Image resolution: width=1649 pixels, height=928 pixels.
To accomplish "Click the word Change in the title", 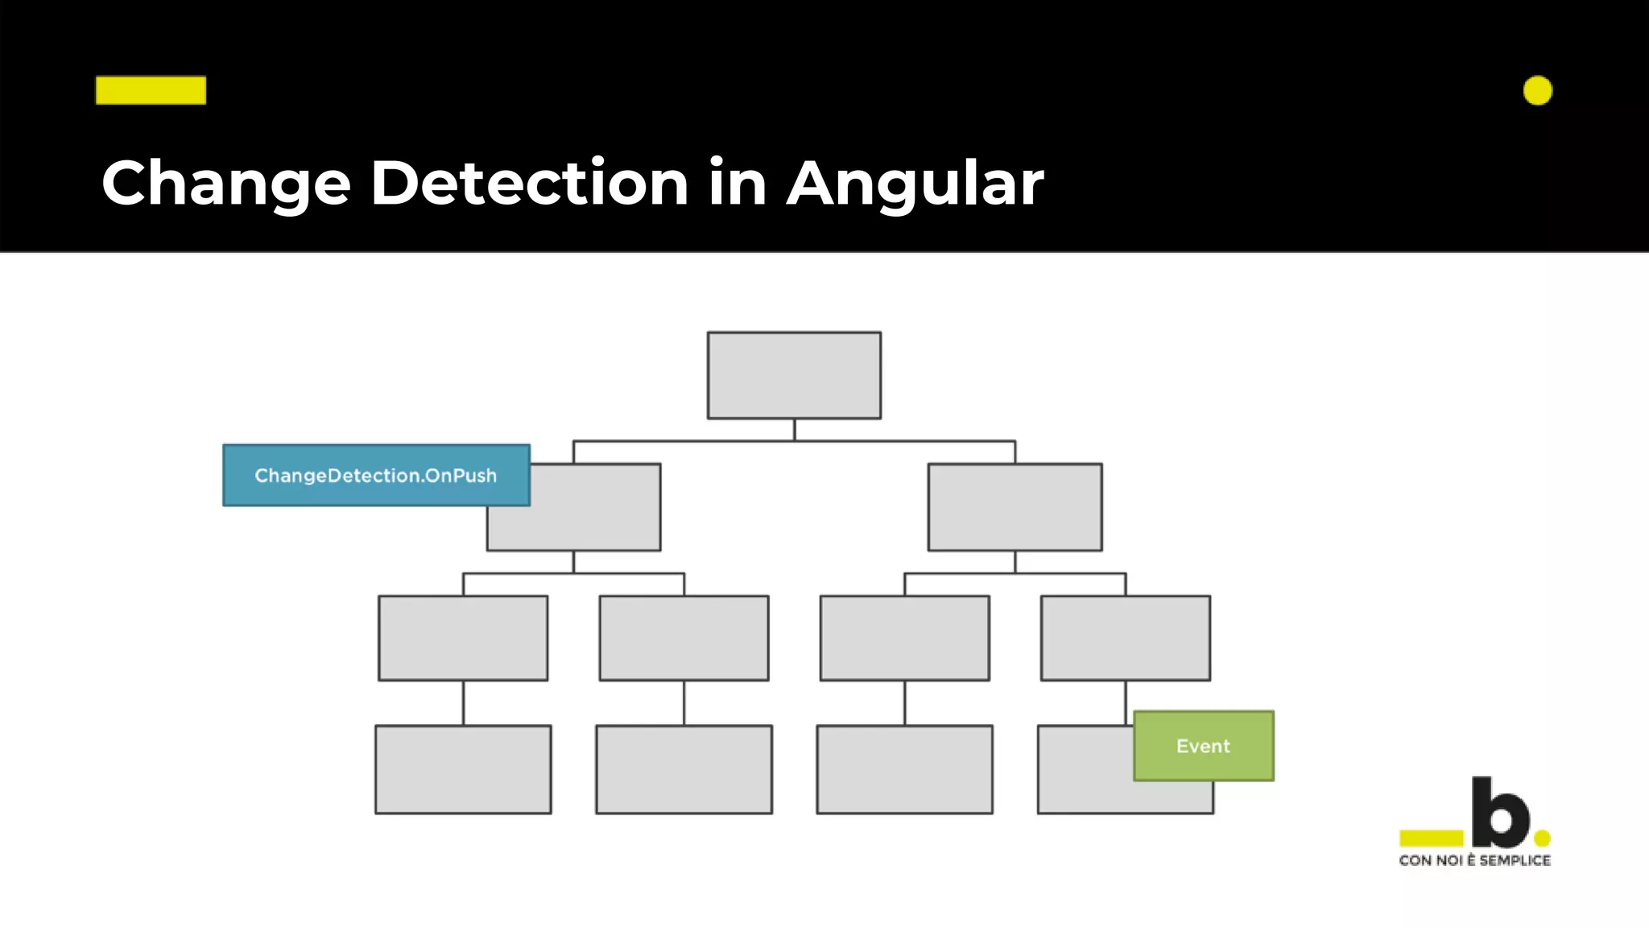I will coord(226,184).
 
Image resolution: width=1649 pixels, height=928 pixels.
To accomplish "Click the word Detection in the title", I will coord(529,184).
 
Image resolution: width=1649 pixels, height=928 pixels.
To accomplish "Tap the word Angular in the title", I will coord(915,184).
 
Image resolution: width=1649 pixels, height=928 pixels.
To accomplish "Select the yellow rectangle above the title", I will coord(151,90).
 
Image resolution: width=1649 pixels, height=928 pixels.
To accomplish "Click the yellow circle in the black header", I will coord(1537,91).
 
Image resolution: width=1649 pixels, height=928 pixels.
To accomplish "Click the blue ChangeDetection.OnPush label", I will coord(376,475).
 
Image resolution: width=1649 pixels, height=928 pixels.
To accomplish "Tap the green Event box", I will coord(1203,746).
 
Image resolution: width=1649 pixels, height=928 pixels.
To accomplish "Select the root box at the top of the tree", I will coord(794,375).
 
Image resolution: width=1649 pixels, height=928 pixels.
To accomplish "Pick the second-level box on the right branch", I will coord(1015,507).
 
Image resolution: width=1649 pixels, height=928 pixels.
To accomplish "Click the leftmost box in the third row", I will coord(463,638).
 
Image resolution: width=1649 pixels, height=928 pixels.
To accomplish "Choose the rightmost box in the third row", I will coord(1125,638).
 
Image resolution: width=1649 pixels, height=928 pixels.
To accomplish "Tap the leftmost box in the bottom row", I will coord(463,769).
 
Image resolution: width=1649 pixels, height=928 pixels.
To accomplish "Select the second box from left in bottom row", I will coord(684,769).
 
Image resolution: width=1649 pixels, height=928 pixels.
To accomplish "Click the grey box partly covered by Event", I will coord(1083,773).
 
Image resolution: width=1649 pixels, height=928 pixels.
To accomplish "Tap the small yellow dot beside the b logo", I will coord(1542,839).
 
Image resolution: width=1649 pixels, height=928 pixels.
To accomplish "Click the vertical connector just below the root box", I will coord(794,429).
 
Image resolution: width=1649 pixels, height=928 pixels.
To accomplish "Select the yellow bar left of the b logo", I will coord(1431,838).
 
